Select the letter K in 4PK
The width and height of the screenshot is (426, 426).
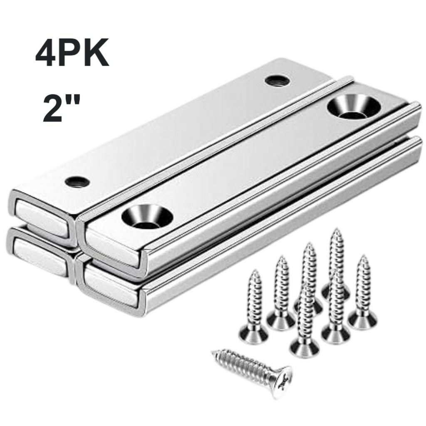pos(96,53)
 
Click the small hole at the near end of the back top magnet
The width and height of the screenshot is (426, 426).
pos(77,181)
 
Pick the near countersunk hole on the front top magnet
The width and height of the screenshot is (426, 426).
pos(147,216)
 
